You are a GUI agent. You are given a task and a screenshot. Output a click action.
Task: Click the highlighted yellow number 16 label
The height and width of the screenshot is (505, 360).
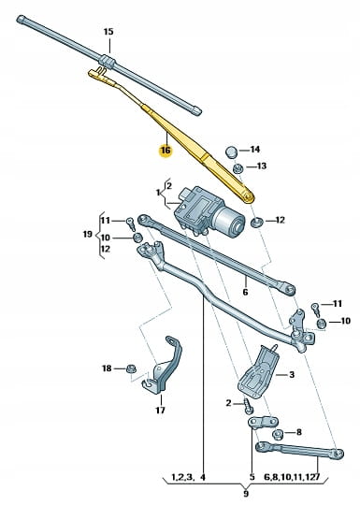166,151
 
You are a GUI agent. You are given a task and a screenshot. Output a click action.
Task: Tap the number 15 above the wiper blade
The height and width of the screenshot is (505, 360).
108,32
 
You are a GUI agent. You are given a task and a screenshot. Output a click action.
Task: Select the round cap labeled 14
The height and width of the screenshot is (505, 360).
231,151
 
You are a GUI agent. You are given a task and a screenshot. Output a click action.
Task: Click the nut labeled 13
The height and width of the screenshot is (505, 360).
238,168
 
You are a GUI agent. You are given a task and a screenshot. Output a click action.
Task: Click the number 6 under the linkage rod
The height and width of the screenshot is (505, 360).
245,292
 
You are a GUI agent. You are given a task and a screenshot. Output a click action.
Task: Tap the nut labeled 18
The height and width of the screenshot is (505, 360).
131,368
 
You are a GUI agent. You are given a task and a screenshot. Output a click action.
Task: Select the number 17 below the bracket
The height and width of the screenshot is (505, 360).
160,411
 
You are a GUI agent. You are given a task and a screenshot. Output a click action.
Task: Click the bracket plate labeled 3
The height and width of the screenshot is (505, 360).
257,371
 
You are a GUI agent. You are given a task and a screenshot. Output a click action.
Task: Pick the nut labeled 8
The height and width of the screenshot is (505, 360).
277,435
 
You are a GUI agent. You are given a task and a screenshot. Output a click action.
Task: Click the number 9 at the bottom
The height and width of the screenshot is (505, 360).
245,494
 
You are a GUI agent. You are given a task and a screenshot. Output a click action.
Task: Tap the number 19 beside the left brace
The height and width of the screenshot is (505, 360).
88,234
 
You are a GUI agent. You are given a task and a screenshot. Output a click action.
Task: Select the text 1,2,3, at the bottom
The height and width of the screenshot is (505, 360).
181,477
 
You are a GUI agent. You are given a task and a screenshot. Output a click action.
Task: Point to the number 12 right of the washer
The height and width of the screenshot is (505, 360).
281,221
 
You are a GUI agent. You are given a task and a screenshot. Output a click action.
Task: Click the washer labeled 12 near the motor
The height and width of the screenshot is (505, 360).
256,222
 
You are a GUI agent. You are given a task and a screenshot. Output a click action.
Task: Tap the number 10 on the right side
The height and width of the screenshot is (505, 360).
346,321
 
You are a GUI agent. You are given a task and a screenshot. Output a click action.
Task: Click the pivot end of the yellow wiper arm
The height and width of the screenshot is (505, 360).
247,195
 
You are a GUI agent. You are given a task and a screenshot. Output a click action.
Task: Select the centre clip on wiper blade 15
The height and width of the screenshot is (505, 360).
108,61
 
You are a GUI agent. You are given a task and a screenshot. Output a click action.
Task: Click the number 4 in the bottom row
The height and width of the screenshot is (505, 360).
203,477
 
